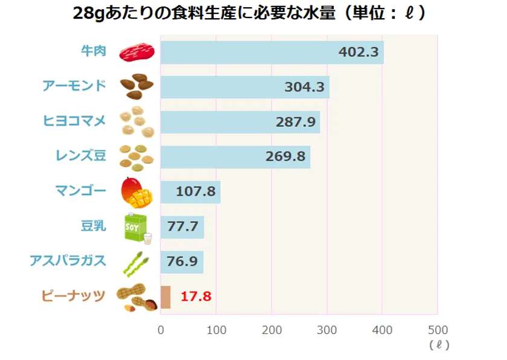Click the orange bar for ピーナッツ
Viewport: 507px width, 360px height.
click(165, 297)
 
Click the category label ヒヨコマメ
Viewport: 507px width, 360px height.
click(75, 121)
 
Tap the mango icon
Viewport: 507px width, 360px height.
click(138, 191)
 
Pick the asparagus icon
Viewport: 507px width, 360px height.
click(136, 262)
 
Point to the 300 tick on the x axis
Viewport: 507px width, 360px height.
click(327, 330)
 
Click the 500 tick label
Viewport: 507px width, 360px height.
click(437, 330)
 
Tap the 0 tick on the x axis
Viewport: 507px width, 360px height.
click(161, 330)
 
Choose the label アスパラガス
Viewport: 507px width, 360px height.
click(68, 261)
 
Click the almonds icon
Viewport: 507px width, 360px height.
click(138, 87)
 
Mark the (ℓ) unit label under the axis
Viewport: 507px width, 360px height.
click(438, 346)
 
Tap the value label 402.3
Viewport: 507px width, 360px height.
click(359, 53)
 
